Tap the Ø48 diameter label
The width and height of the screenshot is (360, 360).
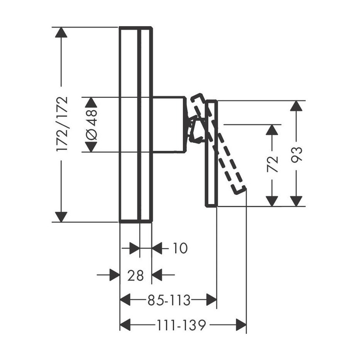click(x=91, y=125)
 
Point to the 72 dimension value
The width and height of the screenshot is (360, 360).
click(x=273, y=164)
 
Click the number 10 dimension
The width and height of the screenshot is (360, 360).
click(x=180, y=248)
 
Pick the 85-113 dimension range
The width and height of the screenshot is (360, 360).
click(x=169, y=301)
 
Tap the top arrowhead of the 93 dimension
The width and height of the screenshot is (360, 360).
click(x=297, y=106)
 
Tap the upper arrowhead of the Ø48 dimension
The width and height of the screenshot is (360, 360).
click(x=91, y=102)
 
